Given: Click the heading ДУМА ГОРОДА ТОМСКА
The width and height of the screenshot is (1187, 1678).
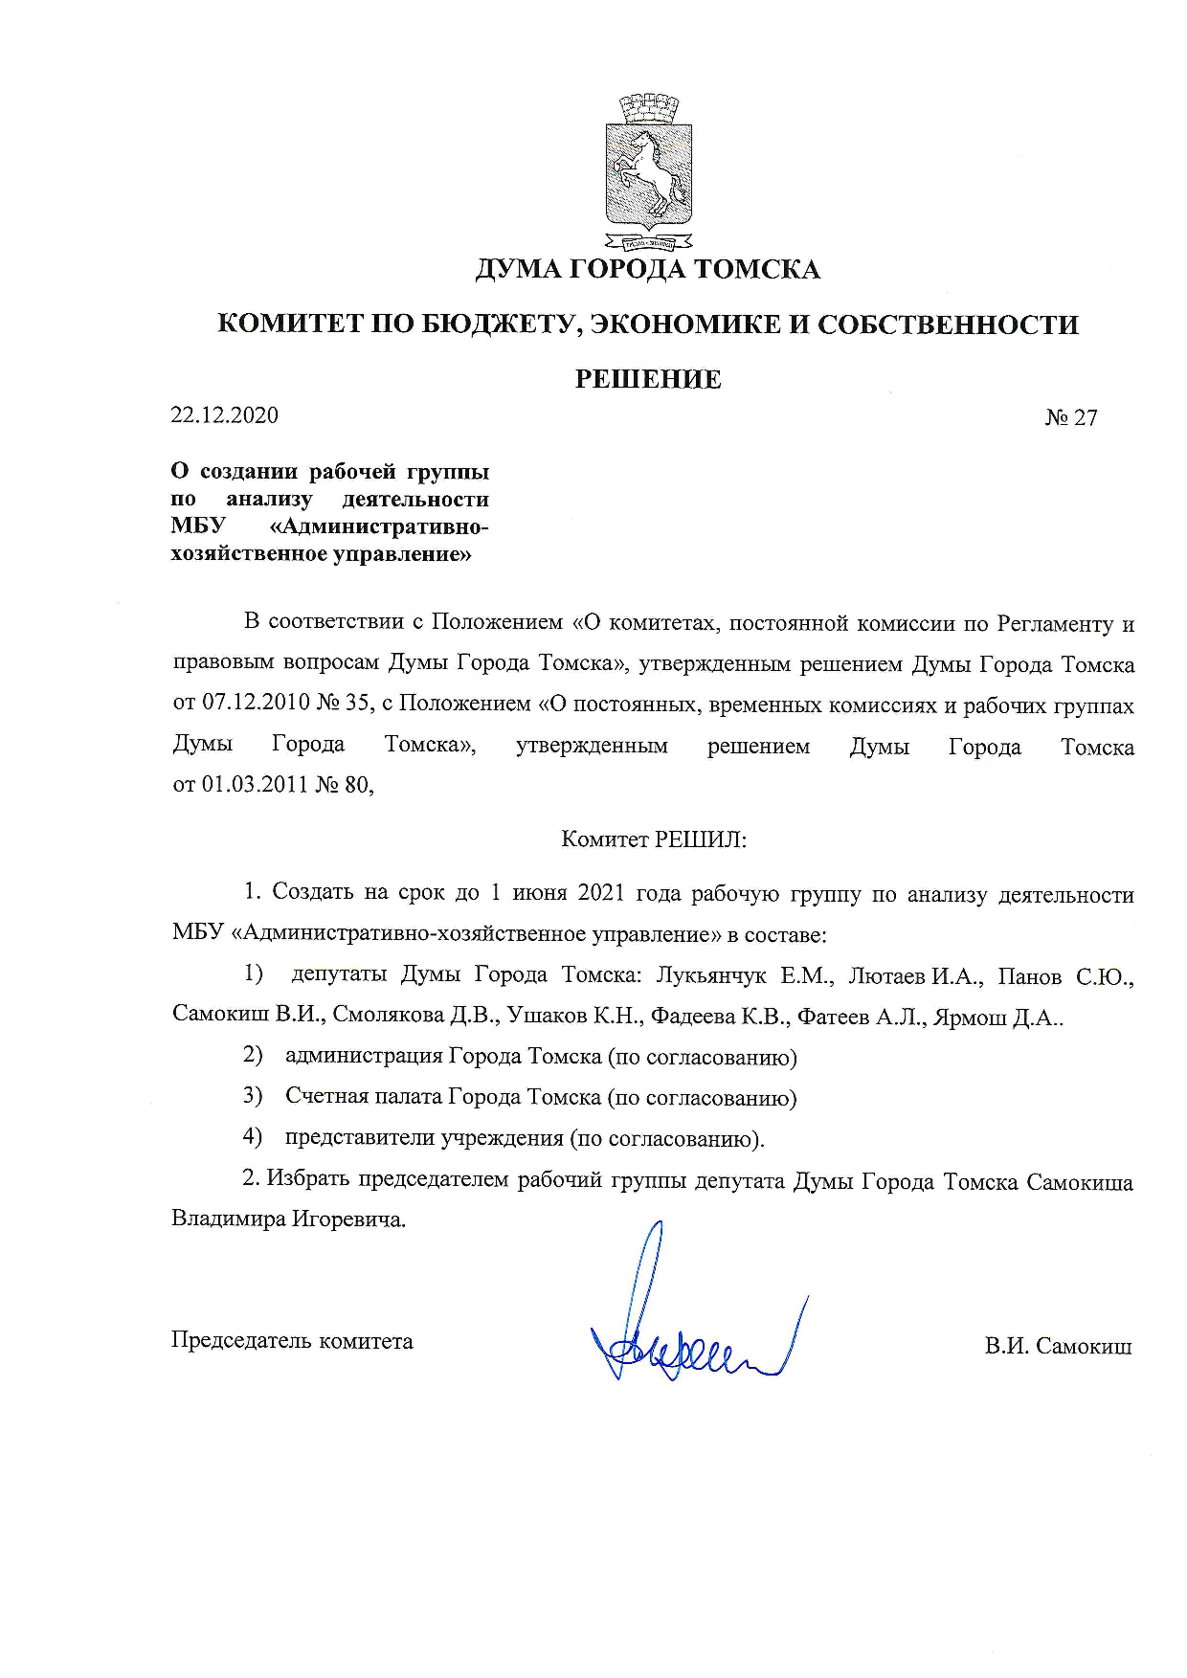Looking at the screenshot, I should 648,270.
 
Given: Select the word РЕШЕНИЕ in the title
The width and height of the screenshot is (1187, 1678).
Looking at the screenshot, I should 648,380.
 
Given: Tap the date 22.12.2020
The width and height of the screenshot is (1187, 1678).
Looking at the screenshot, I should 224,415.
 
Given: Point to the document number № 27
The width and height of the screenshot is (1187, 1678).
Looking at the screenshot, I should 1071,418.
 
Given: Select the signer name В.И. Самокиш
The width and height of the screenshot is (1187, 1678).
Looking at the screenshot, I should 1058,1347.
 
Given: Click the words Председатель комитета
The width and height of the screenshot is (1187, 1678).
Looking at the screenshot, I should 292,1341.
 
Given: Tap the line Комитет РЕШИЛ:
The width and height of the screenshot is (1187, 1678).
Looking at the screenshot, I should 653,840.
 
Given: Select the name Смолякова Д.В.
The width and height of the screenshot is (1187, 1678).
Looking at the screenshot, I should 415,1017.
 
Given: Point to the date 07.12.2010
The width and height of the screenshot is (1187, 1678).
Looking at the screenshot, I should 255,705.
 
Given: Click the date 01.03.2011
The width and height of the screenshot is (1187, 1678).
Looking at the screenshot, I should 255,786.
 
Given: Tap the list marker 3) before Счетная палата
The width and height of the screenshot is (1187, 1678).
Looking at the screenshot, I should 252,1096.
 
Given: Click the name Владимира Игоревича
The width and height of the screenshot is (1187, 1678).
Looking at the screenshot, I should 288,1220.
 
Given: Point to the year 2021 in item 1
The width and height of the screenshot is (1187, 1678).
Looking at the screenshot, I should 602,894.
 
